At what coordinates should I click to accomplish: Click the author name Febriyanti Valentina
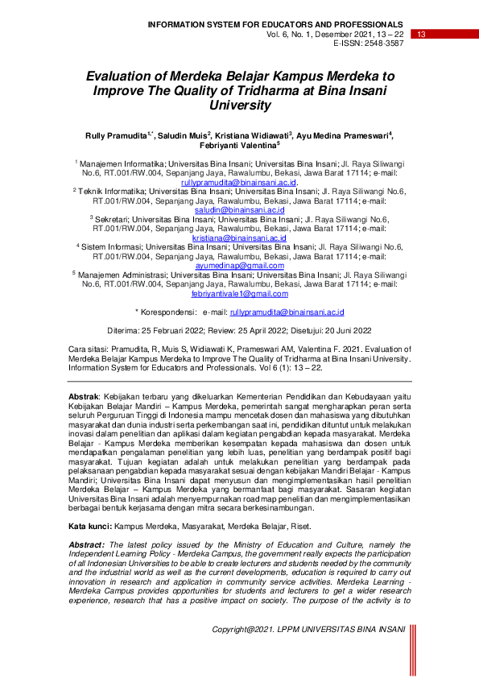pyautogui.click(x=240, y=146)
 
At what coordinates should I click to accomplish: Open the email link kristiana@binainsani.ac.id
pyautogui.click(x=239, y=239)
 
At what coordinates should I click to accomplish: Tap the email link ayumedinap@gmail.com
pyautogui.click(x=239, y=265)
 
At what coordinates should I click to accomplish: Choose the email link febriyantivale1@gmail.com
pyautogui.click(x=239, y=294)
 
